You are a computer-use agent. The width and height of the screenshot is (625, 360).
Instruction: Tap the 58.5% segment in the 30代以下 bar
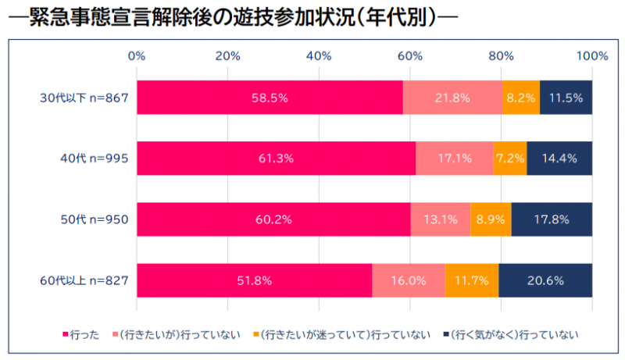pyautogui.click(x=270, y=98)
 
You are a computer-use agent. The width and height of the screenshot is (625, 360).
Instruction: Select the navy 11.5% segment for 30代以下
pyautogui.click(x=566, y=98)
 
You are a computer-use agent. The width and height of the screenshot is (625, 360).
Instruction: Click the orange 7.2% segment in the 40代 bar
pyautogui.click(x=510, y=159)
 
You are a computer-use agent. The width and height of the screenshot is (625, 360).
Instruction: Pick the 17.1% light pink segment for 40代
pyautogui.click(x=454, y=159)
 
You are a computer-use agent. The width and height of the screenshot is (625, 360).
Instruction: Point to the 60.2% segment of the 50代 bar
pyautogui.click(x=273, y=219)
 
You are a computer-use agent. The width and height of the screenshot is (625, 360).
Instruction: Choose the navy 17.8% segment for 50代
pyautogui.click(x=552, y=219)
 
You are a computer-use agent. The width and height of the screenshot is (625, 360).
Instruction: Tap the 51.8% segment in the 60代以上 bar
pyautogui.click(x=254, y=280)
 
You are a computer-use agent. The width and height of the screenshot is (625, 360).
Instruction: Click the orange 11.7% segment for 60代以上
pyautogui.click(x=471, y=280)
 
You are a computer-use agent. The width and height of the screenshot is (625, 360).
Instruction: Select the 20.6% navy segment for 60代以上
pyautogui.click(x=545, y=280)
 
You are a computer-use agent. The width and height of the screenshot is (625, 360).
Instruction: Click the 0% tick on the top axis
pyautogui.click(x=137, y=55)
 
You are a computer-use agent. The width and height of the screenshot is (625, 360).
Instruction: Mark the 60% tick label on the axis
pyautogui.click(x=409, y=55)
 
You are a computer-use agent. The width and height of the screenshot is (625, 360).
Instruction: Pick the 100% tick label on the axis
pyautogui.click(x=591, y=55)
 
